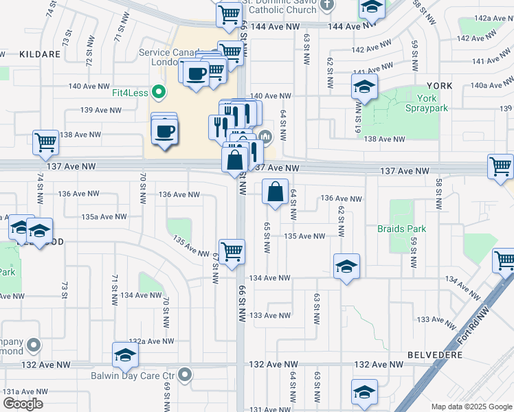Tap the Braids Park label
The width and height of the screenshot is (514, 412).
pos(401,229)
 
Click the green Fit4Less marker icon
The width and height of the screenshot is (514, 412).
pos(159,91)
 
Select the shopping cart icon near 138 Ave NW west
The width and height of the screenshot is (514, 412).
pos(46,143)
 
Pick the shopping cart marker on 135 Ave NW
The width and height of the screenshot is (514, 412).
pos(232,251)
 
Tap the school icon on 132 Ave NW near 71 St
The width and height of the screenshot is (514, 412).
pos(125,354)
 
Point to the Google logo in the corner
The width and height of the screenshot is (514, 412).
pos(23,404)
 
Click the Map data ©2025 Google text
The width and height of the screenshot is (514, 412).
pos(471,407)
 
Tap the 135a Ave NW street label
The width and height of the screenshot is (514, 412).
pos(104,216)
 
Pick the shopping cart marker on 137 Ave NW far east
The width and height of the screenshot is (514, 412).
pos(500,166)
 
